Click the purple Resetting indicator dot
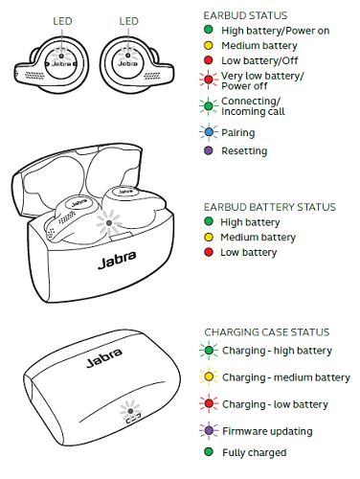click(x=209, y=150)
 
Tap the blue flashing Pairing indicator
click(x=209, y=132)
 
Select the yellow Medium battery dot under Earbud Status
click(x=209, y=45)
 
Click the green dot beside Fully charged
click(x=209, y=452)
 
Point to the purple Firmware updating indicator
click(x=209, y=430)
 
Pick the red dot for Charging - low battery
click(x=209, y=403)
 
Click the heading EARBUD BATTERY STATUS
click(x=270, y=207)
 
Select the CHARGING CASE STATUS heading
click(x=267, y=332)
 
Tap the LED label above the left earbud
click(x=62, y=21)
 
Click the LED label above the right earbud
click(x=129, y=21)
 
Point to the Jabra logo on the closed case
click(x=104, y=357)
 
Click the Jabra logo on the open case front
click(x=117, y=261)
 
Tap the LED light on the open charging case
click(x=109, y=223)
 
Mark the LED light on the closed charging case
click(x=130, y=411)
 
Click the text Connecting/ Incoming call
click(x=253, y=106)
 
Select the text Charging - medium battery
click(x=286, y=377)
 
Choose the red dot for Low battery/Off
click(x=209, y=60)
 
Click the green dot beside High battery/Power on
click(x=209, y=30)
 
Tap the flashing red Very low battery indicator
click(x=209, y=80)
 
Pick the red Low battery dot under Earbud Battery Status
click(x=209, y=252)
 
